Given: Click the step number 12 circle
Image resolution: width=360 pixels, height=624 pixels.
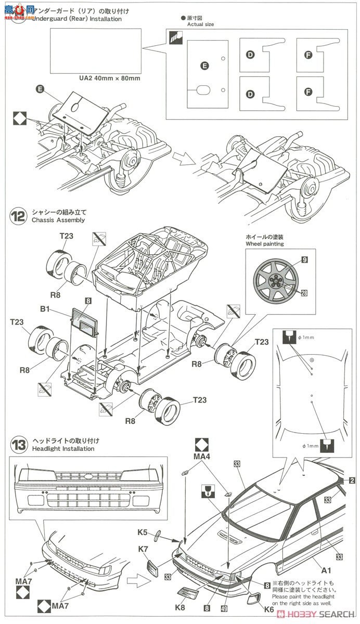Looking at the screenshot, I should (18, 216).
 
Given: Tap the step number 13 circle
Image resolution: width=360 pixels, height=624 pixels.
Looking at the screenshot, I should (18, 445).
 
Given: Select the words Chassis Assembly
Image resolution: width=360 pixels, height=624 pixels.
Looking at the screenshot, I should (58, 220).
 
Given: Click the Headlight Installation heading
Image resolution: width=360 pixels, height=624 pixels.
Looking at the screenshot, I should (63, 448).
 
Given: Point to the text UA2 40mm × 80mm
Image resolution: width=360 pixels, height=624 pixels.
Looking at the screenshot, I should (109, 79).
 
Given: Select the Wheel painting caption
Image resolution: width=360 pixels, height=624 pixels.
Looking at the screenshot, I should (265, 244).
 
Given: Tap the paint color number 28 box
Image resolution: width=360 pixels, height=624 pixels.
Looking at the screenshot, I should (304, 293).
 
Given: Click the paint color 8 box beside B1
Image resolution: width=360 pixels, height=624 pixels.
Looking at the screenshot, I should (88, 301).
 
